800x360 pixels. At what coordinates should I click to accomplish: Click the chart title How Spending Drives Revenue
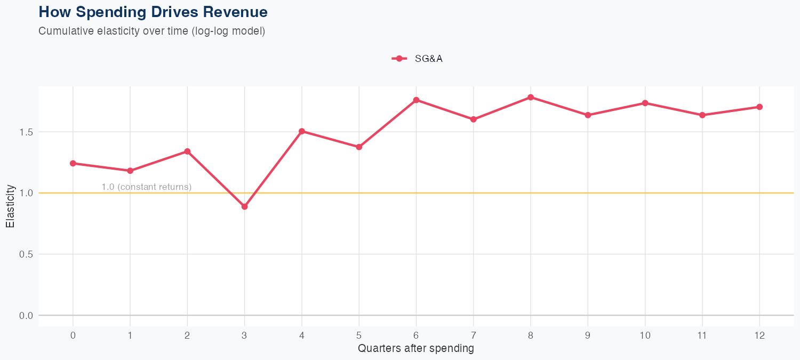click(x=153, y=12)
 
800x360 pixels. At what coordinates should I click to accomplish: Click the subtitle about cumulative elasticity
click(x=151, y=31)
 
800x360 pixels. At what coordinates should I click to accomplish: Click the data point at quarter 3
click(x=244, y=206)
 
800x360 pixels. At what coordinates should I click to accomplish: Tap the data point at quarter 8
click(x=531, y=97)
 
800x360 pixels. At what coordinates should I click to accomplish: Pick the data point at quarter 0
click(x=73, y=163)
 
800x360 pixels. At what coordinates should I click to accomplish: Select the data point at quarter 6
click(x=416, y=100)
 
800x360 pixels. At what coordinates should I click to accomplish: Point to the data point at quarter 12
click(x=759, y=107)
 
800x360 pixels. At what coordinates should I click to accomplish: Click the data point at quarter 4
click(x=302, y=131)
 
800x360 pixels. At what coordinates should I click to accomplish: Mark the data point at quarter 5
click(x=359, y=147)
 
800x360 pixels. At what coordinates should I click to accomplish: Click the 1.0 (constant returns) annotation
click(x=146, y=187)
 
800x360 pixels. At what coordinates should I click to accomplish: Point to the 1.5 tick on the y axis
click(x=27, y=132)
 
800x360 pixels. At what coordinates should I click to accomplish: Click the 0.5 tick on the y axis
click(x=27, y=254)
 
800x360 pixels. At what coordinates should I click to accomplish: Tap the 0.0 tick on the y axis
click(x=27, y=316)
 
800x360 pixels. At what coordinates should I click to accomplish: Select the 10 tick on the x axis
click(x=645, y=335)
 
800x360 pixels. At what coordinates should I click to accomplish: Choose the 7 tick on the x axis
click(x=473, y=335)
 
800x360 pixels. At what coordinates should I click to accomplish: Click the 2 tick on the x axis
click(x=187, y=335)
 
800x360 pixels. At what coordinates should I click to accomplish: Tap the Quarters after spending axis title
click(x=416, y=349)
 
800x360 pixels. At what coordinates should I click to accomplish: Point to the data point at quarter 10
click(x=645, y=103)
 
